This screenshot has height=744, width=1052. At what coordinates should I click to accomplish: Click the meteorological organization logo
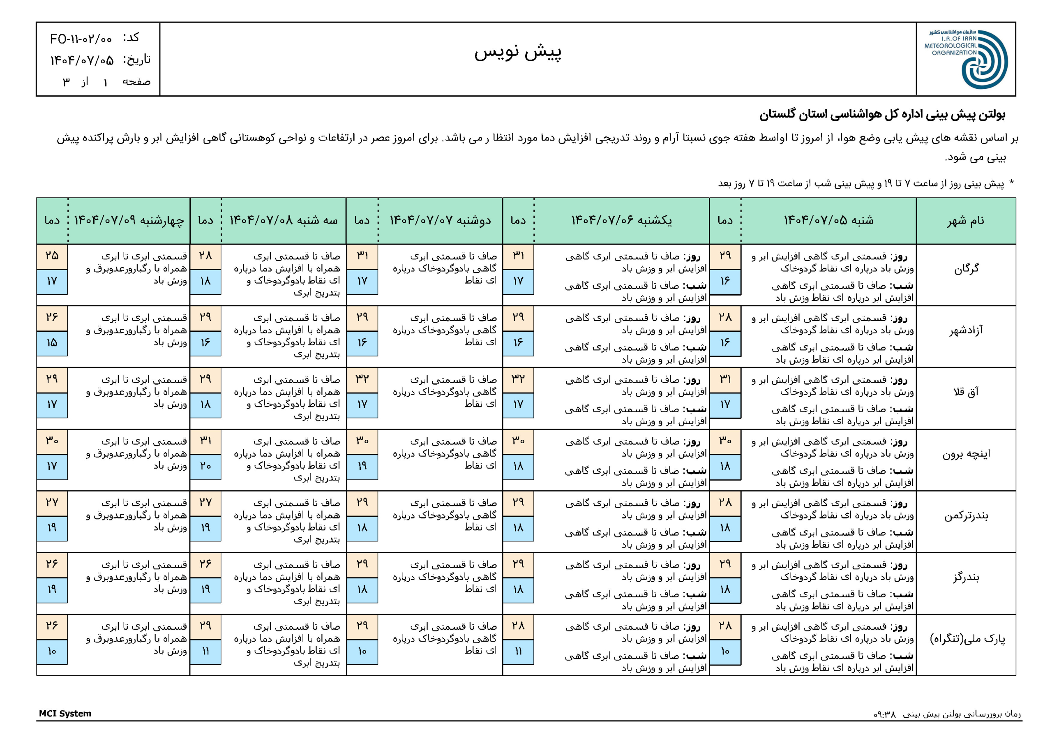[x=966, y=59]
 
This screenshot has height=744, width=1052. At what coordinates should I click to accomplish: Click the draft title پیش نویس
[x=518, y=52]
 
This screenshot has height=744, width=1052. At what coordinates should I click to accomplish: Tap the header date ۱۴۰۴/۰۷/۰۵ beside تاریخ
[x=81, y=60]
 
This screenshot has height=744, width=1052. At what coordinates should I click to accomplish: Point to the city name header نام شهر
[x=965, y=220]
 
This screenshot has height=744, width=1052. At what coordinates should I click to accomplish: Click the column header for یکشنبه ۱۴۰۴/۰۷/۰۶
[x=621, y=220]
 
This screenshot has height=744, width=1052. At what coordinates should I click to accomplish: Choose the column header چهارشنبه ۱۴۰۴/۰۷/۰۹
[x=129, y=220]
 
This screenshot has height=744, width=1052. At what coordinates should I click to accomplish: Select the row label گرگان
[x=966, y=269]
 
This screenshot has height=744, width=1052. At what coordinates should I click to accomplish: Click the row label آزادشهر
[x=966, y=330]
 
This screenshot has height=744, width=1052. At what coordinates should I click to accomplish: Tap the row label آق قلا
[x=966, y=392]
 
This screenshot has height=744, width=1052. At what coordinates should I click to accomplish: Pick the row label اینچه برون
[x=966, y=454]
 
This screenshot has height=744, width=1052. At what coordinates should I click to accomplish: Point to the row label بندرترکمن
[x=966, y=516]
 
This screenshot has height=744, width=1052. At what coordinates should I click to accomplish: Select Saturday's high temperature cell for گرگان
[x=725, y=256]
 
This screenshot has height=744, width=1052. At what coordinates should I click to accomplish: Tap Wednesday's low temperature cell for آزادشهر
[x=52, y=343]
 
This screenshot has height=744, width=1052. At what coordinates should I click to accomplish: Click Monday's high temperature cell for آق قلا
[x=362, y=379]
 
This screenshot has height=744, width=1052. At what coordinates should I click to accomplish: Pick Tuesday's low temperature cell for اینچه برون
[x=205, y=466]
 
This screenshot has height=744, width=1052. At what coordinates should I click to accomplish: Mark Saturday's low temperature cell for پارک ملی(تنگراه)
[x=725, y=652]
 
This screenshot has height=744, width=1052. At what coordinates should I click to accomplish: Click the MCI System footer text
[x=65, y=713]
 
